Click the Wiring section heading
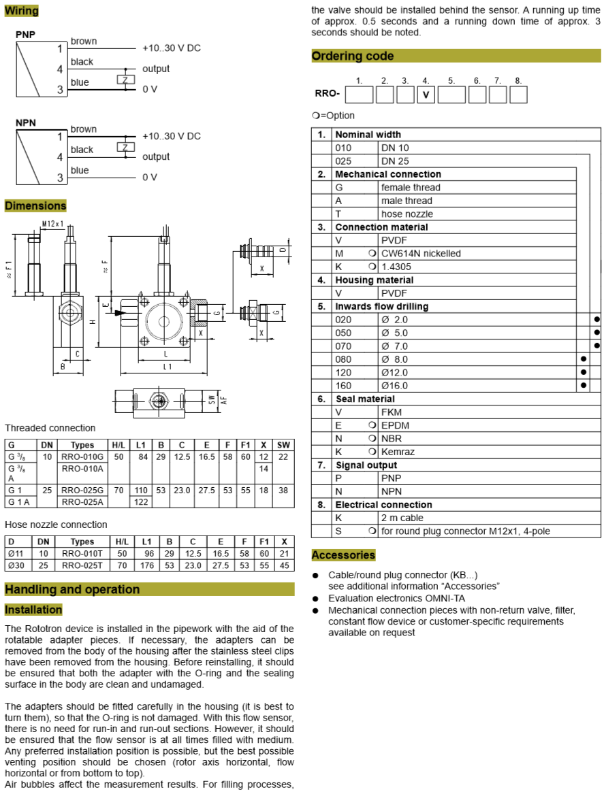(21, 11)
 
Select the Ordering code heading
(352, 56)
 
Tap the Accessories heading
(343, 555)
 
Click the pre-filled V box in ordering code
(426, 95)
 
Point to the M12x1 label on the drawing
(52, 224)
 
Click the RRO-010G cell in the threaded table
(82, 457)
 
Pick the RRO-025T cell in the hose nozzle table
(82, 565)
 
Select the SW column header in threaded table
(283, 444)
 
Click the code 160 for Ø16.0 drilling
(343, 386)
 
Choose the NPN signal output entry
(392, 491)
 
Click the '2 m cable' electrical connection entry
(402, 518)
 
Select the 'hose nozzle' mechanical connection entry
(407, 214)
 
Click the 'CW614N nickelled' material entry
(421, 254)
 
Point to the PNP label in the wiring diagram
(25, 35)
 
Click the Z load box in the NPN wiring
(125, 147)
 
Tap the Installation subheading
(33, 610)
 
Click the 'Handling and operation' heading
(72, 589)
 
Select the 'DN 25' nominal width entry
(395, 161)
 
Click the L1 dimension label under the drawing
(167, 366)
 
